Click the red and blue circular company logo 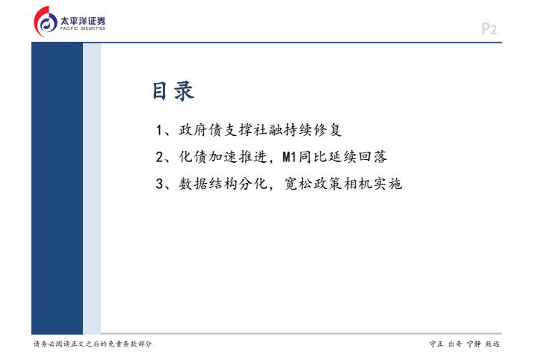tap(46, 22)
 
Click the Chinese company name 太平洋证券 tap(83, 21)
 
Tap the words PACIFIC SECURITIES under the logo tap(83, 28)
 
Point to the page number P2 tap(489, 29)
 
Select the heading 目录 tap(173, 91)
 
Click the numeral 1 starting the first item tap(159, 130)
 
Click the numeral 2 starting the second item tap(160, 157)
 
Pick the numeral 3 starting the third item tap(160, 184)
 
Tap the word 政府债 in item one tap(201, 130)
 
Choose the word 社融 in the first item tap(269, 130)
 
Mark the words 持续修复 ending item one tap(313, 130)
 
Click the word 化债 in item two tap(194, 157)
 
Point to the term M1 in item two tap(290, 157)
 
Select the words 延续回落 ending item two tap(358, 157)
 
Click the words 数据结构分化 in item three tap(223, 184)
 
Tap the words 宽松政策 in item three tap(314, 184)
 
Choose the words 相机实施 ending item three tap(373, 184)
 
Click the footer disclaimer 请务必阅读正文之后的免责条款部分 tap(93, 344)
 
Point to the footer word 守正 tap(436, 344)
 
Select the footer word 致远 tap(492, 344)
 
